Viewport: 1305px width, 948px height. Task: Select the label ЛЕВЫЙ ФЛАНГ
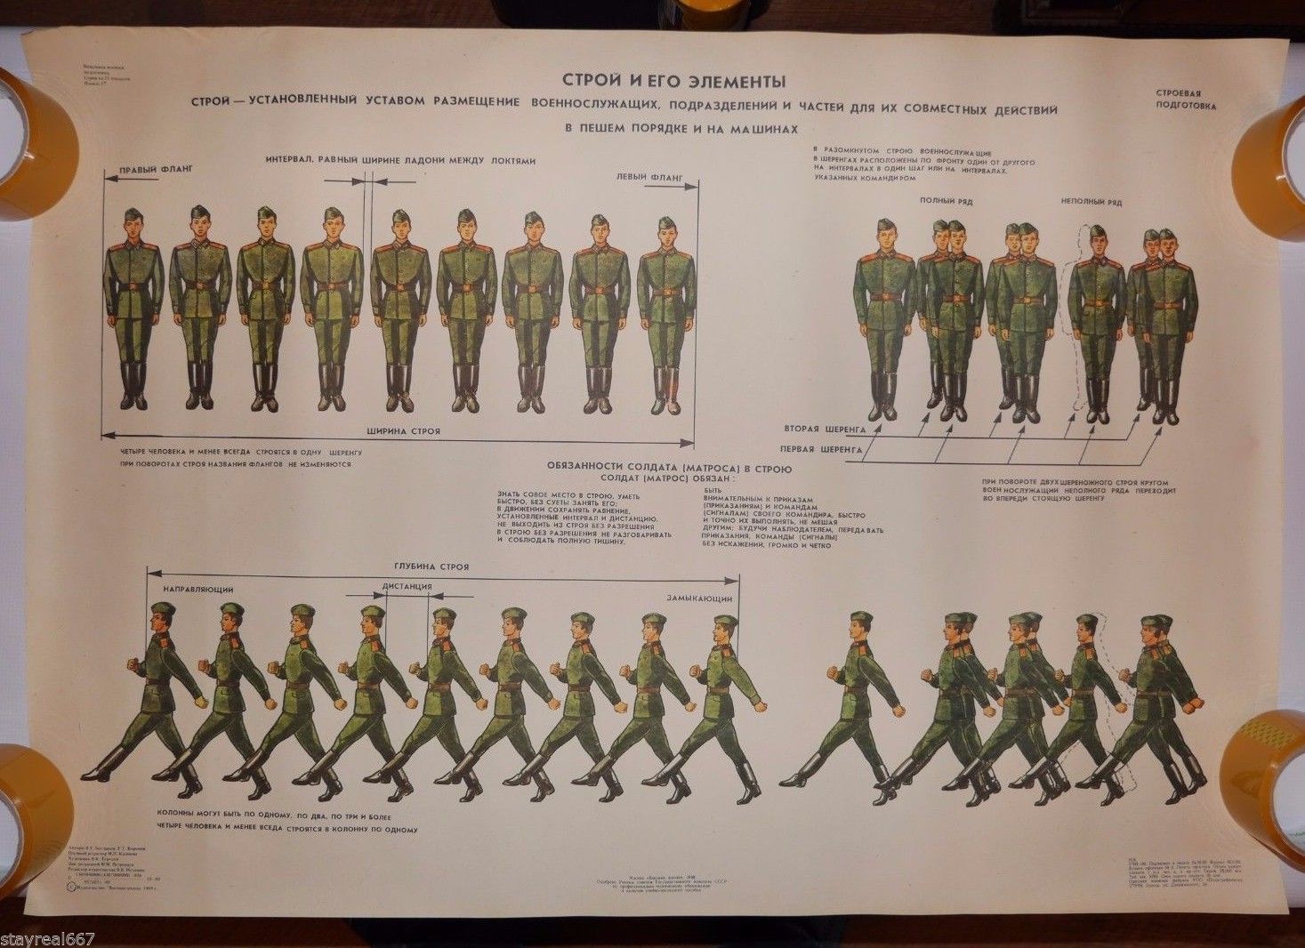click(649, 177)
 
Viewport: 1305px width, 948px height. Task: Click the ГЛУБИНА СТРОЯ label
click(431, 567)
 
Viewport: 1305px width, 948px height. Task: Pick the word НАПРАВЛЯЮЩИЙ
click(198, 590)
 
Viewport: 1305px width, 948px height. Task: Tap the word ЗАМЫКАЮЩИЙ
click(700, 598)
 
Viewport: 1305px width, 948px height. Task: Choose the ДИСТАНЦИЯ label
click(407, 587)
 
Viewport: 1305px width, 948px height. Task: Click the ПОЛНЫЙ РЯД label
click(946, 202)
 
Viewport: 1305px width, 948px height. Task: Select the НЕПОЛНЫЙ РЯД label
click(1092, 203)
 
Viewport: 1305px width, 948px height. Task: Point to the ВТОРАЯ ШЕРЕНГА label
click(825, 428)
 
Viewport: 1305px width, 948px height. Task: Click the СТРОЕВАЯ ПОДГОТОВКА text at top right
click(1184, 98)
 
